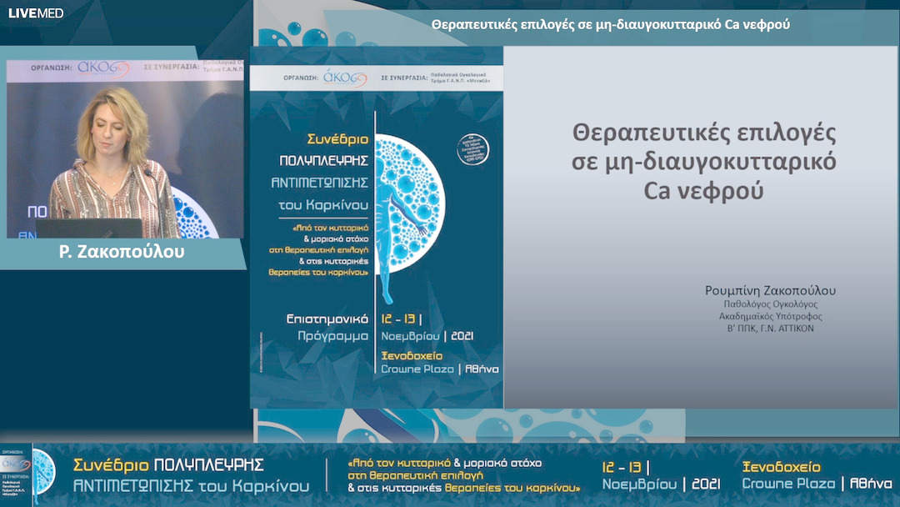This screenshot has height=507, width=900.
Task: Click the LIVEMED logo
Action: (x=36, y=13)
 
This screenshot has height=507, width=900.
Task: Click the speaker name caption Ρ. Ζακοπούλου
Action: (x=122, y=252)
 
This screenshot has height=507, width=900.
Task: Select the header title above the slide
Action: (x=610, y=24)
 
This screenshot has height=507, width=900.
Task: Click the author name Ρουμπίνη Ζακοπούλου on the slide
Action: (x=769, y=291)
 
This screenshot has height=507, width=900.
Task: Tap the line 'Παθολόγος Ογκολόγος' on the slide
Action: (x=770, y=304)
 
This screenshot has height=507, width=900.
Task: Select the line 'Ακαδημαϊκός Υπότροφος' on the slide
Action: (x=770, y=316)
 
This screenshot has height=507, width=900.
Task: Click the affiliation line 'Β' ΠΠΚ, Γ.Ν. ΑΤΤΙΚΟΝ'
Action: (x=770, y=329)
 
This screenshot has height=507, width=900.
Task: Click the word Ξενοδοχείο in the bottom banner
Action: (x=781, y=466)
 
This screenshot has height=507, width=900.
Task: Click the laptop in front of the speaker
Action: (x=88, y=228)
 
